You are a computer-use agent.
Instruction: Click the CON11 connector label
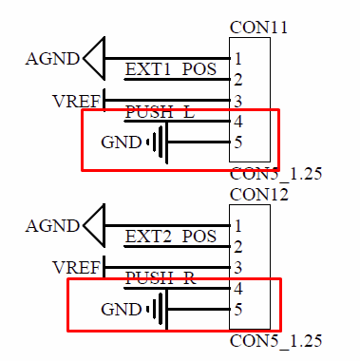point(258,28)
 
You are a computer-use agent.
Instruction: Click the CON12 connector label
point(259,195)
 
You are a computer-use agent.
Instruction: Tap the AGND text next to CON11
point(52,59)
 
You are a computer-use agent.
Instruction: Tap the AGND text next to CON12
point(52,226)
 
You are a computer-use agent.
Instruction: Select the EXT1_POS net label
point(171,69)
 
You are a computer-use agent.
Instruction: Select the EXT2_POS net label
point(171,237)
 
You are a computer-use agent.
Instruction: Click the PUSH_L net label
point(160,111)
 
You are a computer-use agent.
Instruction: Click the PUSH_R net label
point(161,278)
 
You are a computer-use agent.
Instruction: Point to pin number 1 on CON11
point(238,59)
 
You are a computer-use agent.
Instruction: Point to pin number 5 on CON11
point(238,142)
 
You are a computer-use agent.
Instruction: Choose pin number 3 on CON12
point(238,268)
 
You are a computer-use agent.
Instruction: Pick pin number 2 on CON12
point(238,247)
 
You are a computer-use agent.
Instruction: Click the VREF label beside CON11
point(76,102)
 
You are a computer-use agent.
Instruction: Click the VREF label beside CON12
point(76,268)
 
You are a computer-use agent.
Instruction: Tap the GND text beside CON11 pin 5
point(122,142)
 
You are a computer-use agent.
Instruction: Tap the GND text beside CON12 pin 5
point(122,310)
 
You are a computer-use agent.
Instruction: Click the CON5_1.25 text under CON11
point(275,175)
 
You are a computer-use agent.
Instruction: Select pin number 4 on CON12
point(238,289)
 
